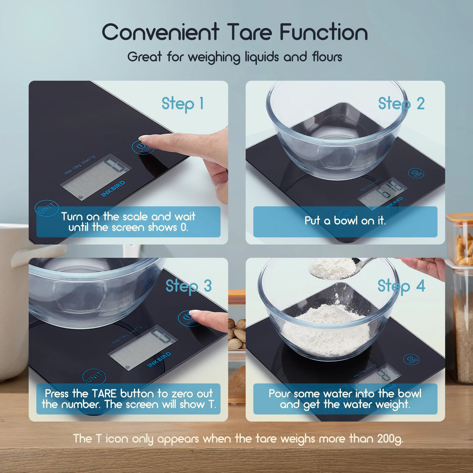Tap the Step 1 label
pos(182,104)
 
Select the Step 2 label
pos(401,104)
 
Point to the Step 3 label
pos(188,286)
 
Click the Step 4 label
pos(401,286)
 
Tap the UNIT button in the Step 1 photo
pos(47,209)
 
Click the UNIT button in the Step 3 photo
pos(94,378)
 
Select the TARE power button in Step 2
pos(416,173)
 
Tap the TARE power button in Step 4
pos(411,359)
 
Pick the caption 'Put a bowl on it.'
pos(345,221)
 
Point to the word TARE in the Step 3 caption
pos(104,393)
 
